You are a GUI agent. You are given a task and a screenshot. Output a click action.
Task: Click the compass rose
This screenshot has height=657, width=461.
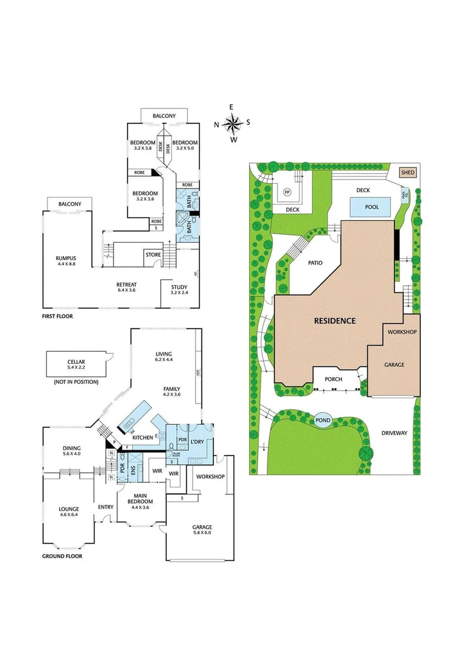point(232,123)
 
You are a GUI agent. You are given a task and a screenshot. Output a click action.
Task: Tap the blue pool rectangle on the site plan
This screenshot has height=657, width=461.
point(371,207)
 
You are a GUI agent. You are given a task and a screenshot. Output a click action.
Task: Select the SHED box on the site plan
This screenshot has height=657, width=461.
point(407,173)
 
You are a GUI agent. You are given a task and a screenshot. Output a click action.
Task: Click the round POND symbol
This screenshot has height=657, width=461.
point(323,420)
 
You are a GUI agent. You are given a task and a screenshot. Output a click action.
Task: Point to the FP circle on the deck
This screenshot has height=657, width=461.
point(287,193)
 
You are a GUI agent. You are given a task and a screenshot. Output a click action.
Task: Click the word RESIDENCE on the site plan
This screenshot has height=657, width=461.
point(334,320)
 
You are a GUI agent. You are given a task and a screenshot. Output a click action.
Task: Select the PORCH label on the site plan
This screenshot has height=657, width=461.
point(333,379)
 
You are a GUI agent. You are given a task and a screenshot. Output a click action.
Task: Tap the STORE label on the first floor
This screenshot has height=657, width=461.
point(152,254)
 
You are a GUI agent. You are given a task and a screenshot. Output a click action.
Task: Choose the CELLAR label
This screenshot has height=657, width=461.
point(76,361)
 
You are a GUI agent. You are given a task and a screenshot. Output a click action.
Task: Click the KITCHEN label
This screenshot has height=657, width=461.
point(142,437)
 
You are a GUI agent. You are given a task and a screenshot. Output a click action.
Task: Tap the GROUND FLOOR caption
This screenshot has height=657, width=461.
point(62,556)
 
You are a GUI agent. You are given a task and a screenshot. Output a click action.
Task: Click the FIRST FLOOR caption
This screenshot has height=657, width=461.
point(58,316)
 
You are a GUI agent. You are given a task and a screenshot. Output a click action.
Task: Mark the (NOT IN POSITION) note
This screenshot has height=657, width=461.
point(77,381)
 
